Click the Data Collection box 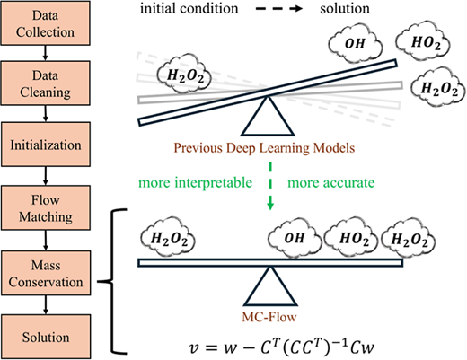[45, 23]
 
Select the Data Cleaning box [45, 83]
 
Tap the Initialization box [46, 145]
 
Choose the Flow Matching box [46, 207]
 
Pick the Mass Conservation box [46, 273]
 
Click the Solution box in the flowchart [46, 337]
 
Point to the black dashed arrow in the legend [279, 9]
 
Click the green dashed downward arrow [270, 186]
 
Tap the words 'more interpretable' [196, 182]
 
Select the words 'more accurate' [331, 182]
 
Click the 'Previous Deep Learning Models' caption [264, 148]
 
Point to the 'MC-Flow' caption [269, 317]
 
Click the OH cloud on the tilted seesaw [356, 44]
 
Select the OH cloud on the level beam [294, 239]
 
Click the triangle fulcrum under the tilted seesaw [268, 117]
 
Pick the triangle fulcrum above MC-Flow [270, 286]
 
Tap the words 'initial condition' [189, 8]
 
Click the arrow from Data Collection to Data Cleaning [45, 53]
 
